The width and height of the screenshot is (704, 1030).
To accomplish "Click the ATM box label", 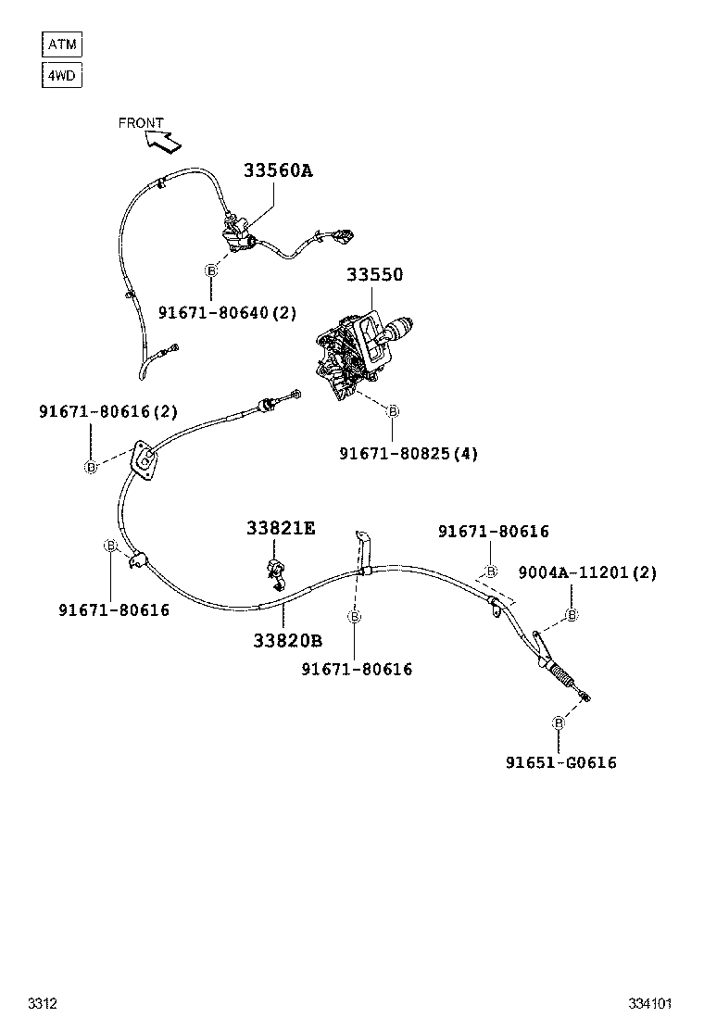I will (x=62, y=44).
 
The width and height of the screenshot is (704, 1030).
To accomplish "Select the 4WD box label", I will (x=62, y=74).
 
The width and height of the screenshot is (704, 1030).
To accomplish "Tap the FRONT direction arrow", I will (x=163, y=141).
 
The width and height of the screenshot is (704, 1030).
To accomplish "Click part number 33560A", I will (x=278, y=170).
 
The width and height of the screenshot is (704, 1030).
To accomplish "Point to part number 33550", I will (x=375, y=275).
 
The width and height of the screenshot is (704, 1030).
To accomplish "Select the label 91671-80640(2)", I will (x=227, y=313).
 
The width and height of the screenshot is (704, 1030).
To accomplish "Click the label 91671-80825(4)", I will (x=409, y=454).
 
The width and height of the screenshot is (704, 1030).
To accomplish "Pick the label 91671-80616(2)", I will (x=108, y=411).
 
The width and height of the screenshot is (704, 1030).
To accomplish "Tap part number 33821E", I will (x=281, y=528).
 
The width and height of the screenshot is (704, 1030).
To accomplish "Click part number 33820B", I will (x=287, y=640).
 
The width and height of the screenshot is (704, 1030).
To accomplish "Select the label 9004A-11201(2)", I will (x=587, y=572).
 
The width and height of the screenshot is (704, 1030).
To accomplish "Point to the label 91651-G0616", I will (x=560, y=762).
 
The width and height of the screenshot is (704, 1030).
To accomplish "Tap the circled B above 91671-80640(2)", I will (x=211, y=270).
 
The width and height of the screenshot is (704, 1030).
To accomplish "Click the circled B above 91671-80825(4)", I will (x=393, y=410).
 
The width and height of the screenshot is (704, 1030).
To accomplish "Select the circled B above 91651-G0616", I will (x=559, y=722).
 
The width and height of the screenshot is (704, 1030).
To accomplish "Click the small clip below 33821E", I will (x=276, y=573).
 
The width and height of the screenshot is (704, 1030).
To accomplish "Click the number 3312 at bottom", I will (x=43, y=1003).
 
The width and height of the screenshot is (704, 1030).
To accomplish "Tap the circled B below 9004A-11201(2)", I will (x=572, y=615).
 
